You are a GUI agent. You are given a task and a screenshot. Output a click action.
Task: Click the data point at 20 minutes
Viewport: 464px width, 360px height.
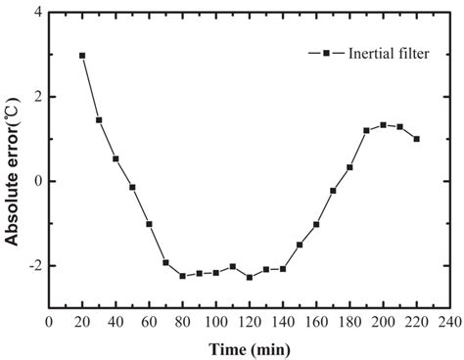pos(82,56)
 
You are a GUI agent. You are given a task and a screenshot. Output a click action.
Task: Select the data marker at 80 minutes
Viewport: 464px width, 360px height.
pos(182,276)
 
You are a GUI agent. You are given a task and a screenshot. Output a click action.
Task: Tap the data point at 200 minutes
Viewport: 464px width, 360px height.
pos(383,125)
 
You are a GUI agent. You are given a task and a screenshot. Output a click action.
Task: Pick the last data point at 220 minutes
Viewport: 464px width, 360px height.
pos(416,139)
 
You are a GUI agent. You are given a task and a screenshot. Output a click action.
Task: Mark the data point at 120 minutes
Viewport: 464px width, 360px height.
pos(250,278)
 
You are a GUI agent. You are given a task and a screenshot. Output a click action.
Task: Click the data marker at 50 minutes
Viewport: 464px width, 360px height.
pos(132,187)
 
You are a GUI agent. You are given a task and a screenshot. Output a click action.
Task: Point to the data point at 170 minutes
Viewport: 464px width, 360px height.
pos(333,191)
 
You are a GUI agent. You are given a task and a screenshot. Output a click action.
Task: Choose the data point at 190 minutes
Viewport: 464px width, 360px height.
pos(366,130)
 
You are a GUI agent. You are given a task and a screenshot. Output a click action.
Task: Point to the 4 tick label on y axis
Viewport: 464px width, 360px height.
pos(37,13)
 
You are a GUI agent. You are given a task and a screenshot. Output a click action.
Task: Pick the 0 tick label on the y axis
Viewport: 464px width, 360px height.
pos(37,182)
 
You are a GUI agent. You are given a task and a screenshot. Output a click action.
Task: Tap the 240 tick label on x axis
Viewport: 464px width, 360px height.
pos(449,321)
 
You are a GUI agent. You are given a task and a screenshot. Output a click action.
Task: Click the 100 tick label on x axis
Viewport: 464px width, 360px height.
pos(216,321)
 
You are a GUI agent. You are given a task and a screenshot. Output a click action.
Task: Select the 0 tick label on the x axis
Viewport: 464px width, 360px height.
pos(50,321)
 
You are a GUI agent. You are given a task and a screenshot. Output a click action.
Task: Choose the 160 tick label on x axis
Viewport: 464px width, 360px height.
pos(316,321)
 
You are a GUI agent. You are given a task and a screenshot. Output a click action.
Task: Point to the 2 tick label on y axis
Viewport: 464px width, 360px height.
pos(37,98)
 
